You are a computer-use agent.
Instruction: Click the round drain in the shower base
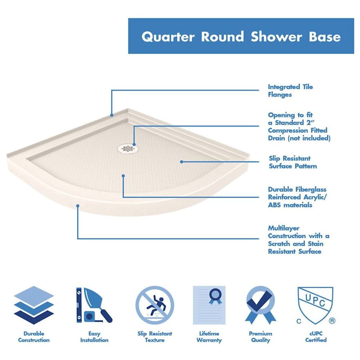pos(127,148)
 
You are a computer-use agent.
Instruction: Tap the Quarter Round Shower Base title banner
pos(241,36)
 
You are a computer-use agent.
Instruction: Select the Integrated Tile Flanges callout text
pos(290,91)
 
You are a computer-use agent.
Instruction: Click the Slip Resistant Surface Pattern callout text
pos(292,162)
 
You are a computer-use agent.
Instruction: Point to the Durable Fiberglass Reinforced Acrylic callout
pos(297,197)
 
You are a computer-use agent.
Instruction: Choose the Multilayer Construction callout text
pos(298,240)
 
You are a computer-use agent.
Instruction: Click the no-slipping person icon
pos(155,305)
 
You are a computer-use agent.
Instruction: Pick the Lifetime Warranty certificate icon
pos(209,305)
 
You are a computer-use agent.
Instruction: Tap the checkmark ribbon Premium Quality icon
pos(260,305)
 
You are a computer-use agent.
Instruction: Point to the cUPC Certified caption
pos(316,337)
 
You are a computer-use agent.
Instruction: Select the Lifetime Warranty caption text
pos(209,337)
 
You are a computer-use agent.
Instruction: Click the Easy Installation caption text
pos(94,337)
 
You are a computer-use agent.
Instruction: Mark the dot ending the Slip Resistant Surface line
pos(181,162)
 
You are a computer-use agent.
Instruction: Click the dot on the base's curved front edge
pos(78,206)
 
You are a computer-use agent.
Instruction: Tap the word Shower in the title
pos(276,37)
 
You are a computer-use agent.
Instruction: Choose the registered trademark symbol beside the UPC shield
pos(332,321)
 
